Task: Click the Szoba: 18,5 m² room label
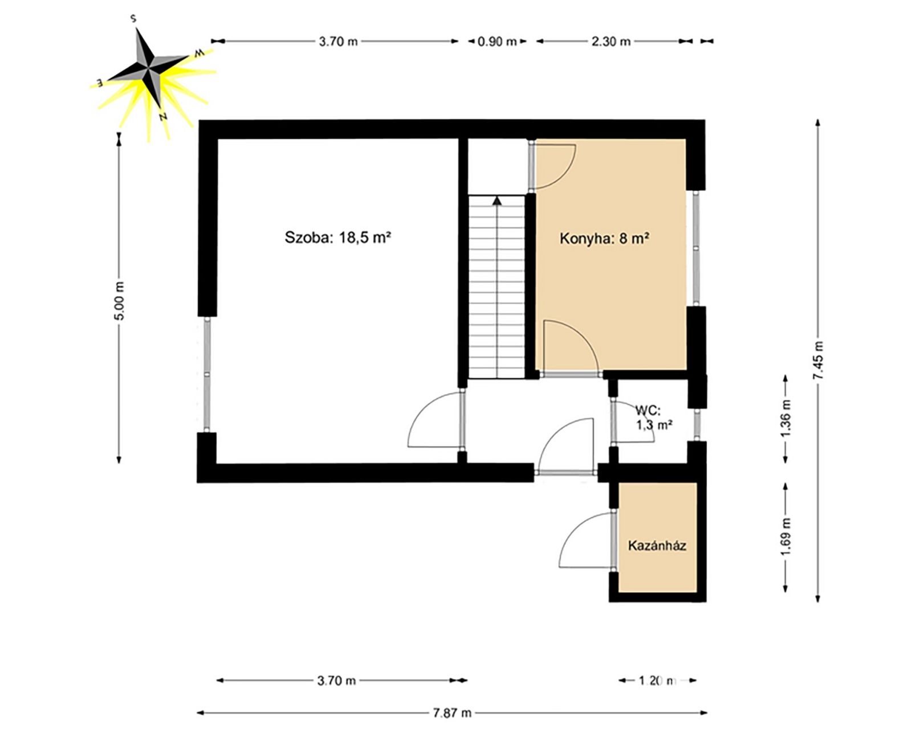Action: (337, 237)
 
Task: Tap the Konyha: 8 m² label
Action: (605, 239)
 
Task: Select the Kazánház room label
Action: (657, 545)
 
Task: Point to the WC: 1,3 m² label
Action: (654, 417)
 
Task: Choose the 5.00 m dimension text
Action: (120, 301)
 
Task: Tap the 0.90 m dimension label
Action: (497, 42)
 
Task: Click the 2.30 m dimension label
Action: (610, 42)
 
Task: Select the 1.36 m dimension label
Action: (787, 419)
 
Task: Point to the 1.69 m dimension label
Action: (787, 538)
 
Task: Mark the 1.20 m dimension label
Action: (657, 681)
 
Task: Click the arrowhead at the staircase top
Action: (497, 201)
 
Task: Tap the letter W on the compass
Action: (199, 53)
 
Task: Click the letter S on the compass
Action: (133, 19)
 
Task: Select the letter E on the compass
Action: (100, 82)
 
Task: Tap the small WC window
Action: (697, 425)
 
